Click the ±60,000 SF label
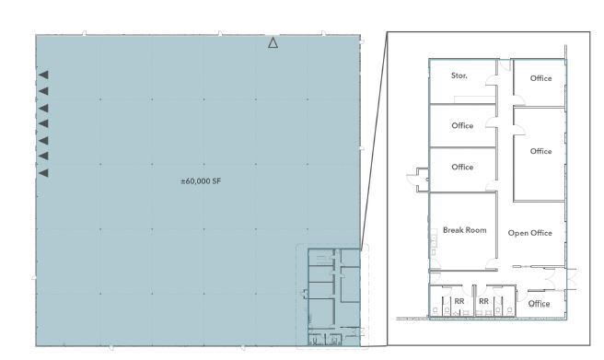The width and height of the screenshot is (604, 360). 201,181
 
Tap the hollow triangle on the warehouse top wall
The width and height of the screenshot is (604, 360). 273,42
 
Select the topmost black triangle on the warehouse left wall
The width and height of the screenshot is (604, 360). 43,75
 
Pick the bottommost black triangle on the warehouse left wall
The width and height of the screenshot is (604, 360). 43,173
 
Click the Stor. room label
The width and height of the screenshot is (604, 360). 459,75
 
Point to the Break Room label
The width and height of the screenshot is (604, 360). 464,230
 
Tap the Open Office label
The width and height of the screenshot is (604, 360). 529,233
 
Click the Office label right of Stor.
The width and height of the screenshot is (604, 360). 540,78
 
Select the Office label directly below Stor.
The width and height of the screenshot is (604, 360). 462,125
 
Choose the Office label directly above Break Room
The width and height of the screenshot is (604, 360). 462,167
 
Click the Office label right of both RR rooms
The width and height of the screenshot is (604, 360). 539,304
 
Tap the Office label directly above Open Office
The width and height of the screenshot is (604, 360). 540,151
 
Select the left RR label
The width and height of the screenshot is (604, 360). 459,301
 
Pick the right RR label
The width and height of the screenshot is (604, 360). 483,301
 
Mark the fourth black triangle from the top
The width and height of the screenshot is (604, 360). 43,123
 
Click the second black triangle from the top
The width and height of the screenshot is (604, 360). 43,91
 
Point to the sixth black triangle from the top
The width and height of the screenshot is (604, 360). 43,157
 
